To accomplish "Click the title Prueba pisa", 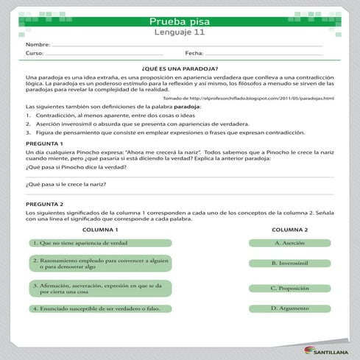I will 180,21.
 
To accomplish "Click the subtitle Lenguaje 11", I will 180,33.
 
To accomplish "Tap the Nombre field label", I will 38,45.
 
